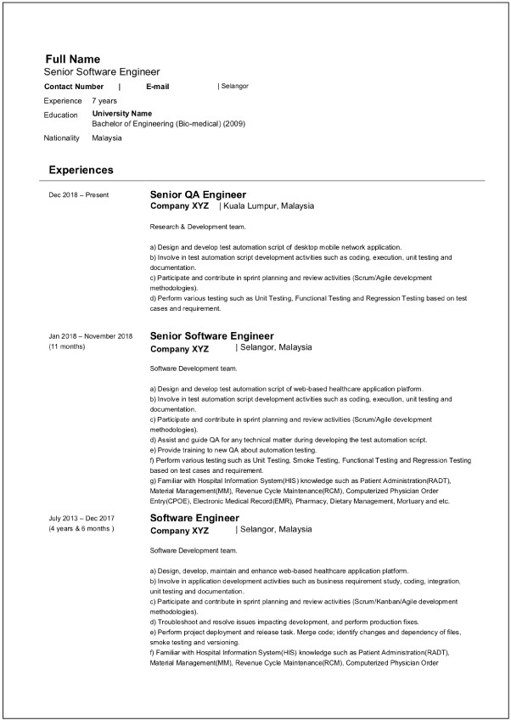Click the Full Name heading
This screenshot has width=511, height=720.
72,59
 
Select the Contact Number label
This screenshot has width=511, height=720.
74,87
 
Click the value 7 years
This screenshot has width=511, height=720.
104,101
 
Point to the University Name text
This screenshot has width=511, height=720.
121,113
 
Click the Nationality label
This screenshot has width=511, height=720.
61,138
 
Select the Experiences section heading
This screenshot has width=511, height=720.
81,170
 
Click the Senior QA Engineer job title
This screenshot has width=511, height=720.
198,194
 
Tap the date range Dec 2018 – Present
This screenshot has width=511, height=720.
79,195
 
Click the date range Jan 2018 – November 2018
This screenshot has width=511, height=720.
91,336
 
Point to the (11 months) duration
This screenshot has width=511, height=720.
67,346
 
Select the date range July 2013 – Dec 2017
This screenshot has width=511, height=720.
82,518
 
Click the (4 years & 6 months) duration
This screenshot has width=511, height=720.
81,529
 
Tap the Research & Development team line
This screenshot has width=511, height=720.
198,227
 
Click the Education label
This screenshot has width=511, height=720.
60,115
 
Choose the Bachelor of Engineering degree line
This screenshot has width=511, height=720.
168,123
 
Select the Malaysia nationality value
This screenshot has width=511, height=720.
107,138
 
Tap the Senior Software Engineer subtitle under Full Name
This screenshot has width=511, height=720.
102,72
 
